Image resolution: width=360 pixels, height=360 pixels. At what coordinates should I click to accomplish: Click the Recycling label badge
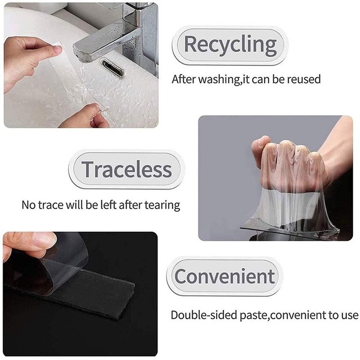coord(230,45)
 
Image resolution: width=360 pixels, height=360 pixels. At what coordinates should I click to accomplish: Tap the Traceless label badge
coord(126,169)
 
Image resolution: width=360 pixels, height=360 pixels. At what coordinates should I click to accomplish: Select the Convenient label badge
coord(224,276)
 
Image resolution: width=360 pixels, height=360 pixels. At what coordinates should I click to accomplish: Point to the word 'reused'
coord(304,79)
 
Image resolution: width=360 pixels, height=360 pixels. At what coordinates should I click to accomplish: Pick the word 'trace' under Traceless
coord(52,205)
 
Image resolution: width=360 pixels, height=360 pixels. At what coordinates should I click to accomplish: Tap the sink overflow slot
coord(112,68)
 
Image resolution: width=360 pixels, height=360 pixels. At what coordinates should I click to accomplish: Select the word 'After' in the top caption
coord(182,79)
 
